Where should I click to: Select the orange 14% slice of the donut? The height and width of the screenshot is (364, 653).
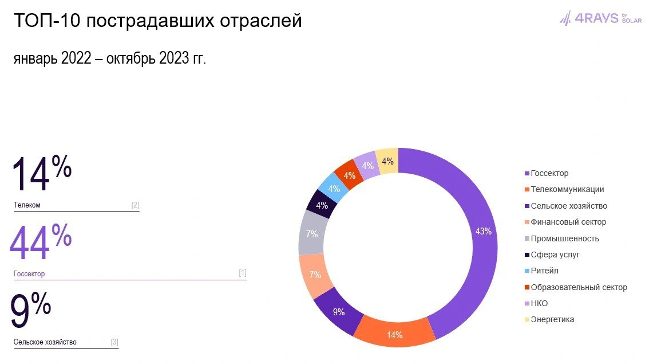[394, 333]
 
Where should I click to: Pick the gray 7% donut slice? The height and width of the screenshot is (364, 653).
[312, 234]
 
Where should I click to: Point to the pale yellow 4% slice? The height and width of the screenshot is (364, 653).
[387, 161]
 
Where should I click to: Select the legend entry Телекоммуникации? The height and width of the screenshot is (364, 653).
[567, 190]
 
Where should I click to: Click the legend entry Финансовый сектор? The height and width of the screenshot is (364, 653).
[568, 222]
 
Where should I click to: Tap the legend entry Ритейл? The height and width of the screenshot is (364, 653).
[544, 271]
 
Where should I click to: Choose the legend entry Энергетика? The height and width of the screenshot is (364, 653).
[552, 319]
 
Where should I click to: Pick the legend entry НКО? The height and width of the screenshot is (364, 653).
[539, 303]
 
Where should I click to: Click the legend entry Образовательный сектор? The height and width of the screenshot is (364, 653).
[578, 287]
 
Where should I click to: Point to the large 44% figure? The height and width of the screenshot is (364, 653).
[40, 243]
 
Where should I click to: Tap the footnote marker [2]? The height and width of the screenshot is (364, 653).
[135, 205]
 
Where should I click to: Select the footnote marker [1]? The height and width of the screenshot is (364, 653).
[243, 273]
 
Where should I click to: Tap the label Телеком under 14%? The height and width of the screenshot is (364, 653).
[27, 205]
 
